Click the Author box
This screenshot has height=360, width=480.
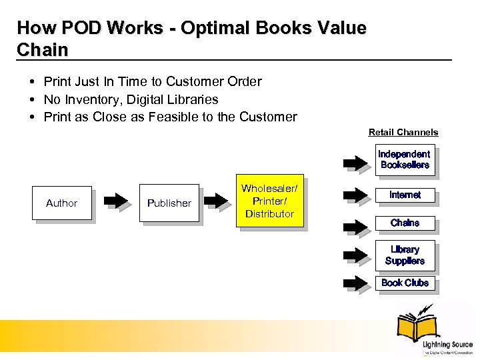click(x=62, y=203)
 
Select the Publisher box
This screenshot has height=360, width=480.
click(x=169, y=203)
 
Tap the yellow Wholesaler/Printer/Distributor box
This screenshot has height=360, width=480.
click(x=269, y=201)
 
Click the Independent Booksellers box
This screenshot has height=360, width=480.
click(x=405, y=160)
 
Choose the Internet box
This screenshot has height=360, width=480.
click(x=405, y=195)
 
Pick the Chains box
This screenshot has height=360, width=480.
click(x=405, y=223)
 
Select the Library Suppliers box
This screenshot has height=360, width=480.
click(x=405, y=255)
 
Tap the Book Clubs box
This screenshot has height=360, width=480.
click(x=405, y=283)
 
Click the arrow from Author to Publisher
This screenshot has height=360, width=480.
click(x=117, y=201)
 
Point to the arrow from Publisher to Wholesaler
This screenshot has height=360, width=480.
click(x=217, y=201)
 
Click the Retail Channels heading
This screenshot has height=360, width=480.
click(x=403, y=132)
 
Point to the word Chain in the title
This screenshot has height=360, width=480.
click(x=42, y=50)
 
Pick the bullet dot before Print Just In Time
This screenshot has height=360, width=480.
click(x=32, y=81)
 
